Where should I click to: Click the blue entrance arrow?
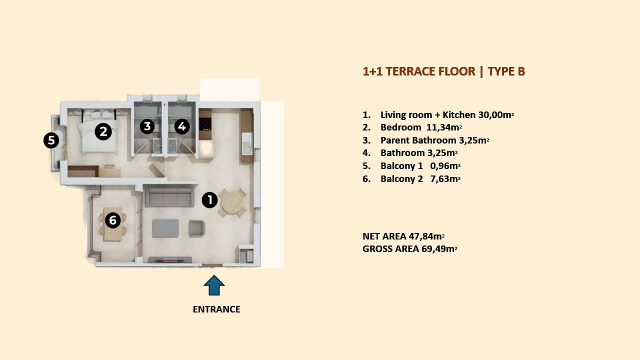click(214, 285)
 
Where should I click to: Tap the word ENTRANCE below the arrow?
click(216, 309)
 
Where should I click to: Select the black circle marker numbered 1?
click(209, 200)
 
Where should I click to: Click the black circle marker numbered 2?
click(103, 131)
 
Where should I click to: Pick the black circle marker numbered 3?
click(147, 126)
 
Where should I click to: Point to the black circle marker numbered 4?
click(181, 126)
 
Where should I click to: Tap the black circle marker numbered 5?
click(51, 140)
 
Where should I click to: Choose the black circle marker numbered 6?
click(112, 220)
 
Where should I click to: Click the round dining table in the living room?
click(232, 202)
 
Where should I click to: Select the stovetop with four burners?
click(205, 124)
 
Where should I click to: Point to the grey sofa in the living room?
click(168, 197)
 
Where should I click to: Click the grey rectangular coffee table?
click(165, 228)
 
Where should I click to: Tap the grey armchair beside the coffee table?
click(196, 228)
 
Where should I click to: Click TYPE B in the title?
click(506, 71)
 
